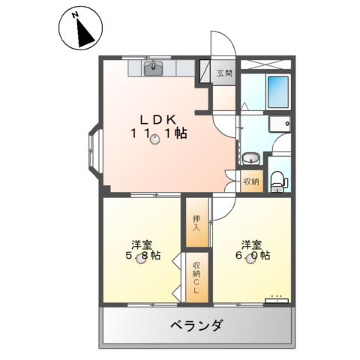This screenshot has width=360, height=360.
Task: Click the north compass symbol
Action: [79, 29]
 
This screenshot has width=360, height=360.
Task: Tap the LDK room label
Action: [157, 119]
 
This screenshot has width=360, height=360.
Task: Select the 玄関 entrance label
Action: [224, 73]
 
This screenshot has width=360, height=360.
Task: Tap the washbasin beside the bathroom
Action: [251, 158]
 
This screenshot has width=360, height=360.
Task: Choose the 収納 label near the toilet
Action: [251, 181]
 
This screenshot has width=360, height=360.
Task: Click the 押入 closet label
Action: [196, 223]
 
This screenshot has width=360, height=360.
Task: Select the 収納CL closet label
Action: [196, 277]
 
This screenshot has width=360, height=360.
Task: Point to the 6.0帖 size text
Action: [254, 256]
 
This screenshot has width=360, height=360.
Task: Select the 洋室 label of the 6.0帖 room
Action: [251, 243]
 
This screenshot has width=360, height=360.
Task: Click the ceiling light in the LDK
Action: [155, 138]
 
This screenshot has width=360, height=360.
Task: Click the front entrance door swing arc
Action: [223, 43]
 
